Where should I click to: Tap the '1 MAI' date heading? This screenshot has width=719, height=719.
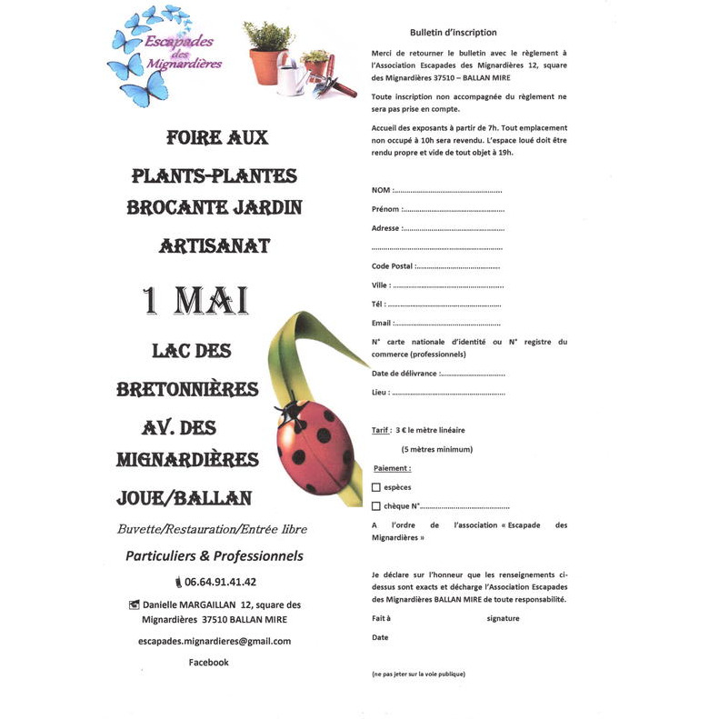point(195,300)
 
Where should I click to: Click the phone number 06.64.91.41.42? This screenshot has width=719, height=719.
point(220,582)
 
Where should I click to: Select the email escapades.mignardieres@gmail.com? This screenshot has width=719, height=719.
point(215,641)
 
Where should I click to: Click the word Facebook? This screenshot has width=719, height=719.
point(208,663)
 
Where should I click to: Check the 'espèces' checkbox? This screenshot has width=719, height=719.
point(376,487)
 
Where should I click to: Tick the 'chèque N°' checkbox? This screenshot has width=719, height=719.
point(376,506)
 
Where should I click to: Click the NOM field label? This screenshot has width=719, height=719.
point(382,190)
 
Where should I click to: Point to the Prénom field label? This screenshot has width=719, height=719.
point(385,209)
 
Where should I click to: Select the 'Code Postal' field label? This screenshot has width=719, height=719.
point(392,266)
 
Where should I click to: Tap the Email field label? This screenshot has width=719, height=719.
point(382,323)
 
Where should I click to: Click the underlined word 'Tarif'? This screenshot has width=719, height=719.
point(381,430)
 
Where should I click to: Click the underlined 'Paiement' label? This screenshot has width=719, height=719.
point(393,468)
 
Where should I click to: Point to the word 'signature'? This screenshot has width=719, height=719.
point(503,618)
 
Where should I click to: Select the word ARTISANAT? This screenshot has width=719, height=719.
point(215,245)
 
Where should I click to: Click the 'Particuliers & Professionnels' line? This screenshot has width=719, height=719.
point(215,555)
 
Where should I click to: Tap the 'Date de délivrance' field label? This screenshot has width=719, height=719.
point(404,374)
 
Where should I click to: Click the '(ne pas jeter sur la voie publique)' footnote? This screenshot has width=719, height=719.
point(418,674)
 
